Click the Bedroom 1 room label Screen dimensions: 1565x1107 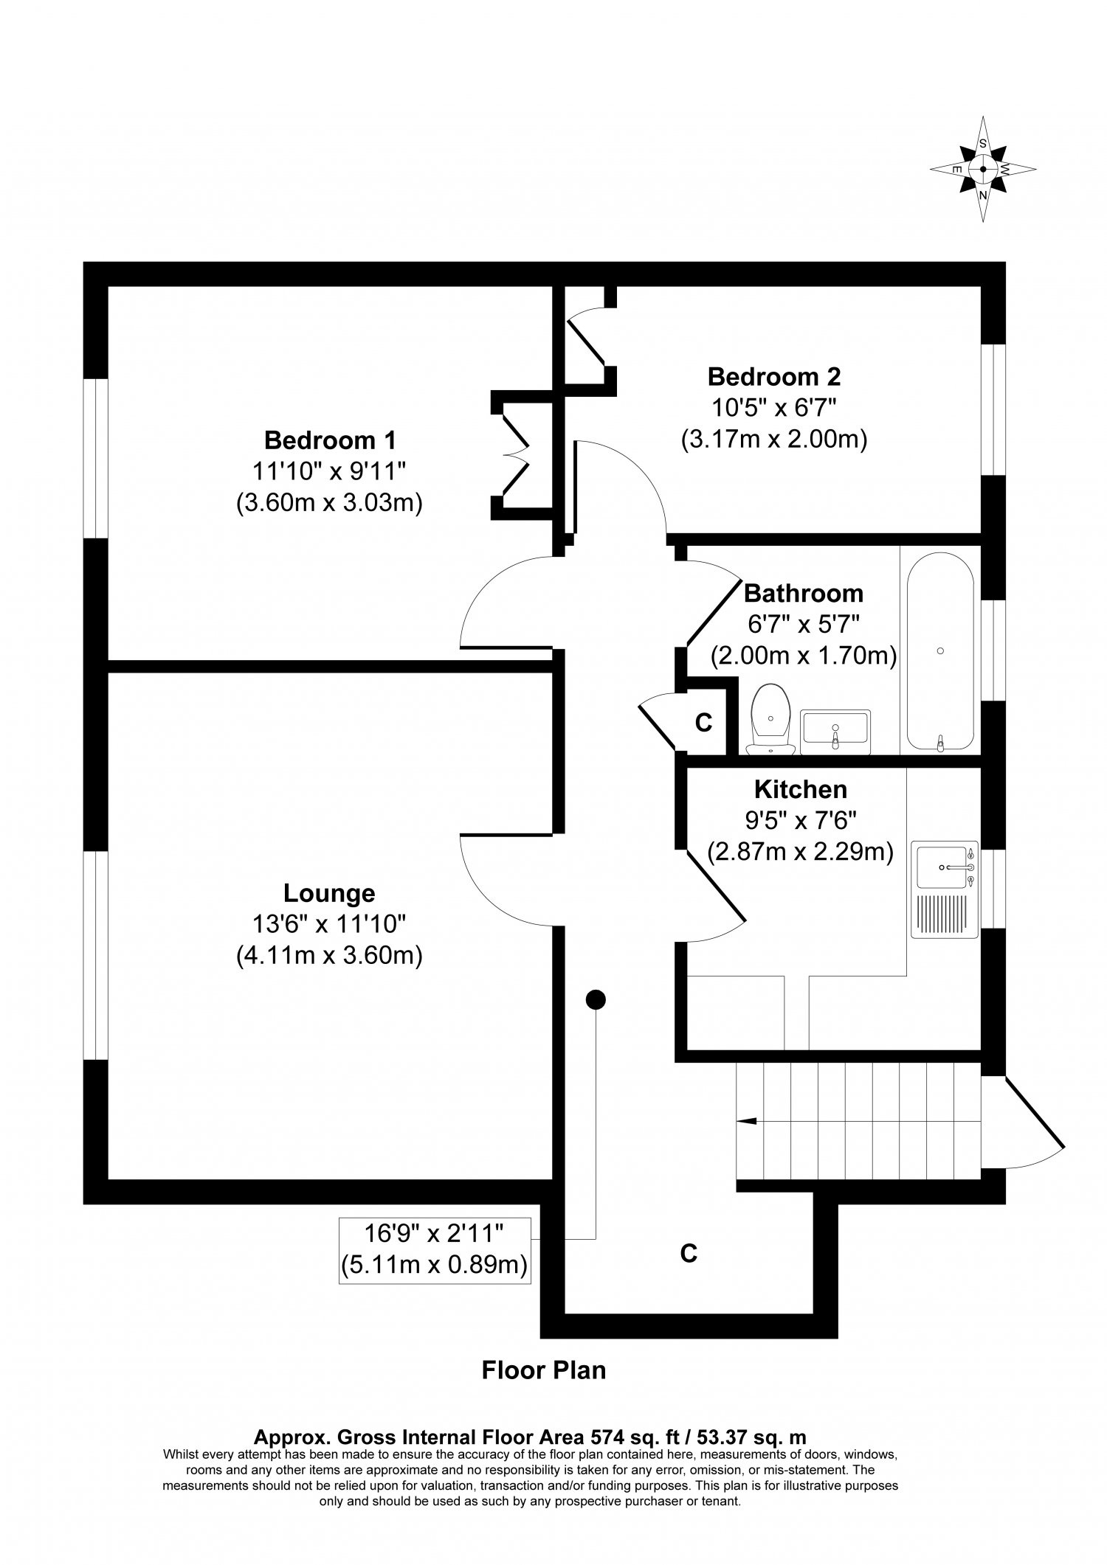330,440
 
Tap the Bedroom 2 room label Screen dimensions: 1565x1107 773,377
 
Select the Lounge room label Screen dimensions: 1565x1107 329,893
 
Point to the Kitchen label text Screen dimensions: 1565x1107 800,789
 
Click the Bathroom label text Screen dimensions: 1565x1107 803,593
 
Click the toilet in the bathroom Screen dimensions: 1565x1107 770,720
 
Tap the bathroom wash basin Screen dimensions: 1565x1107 835,732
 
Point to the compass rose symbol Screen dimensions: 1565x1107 983,169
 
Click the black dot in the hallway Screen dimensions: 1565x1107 595,999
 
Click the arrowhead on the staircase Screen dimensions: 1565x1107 746,1121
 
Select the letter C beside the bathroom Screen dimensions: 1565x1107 703,723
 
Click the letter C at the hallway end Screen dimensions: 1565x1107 688,1253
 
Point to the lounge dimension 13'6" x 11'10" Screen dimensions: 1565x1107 329,924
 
